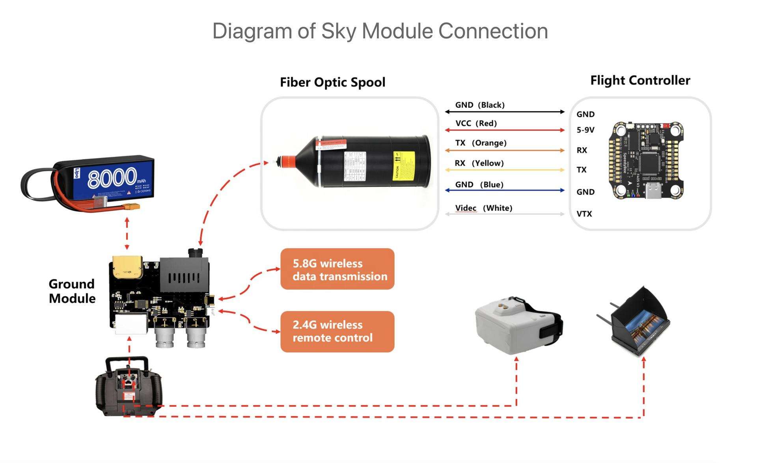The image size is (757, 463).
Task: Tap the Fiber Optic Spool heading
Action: [x=332, y=82]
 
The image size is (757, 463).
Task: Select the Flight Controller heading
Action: [x=640, y=80]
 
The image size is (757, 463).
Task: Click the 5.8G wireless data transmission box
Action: [x=337, y=269]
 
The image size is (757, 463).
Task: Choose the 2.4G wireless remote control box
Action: [x=337, y=331]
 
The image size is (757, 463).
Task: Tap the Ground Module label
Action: [x=72, y=291]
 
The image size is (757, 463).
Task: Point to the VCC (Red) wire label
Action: [x=476, y=123]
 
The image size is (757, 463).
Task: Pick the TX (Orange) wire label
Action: [x=481, y=143]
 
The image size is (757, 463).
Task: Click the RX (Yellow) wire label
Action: [x=479, y=163]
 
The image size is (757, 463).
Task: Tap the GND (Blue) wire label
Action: [x=479, y=185]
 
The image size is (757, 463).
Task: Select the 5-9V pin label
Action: [x=585, y=130]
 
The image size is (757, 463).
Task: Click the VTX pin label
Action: [x=584, y=214]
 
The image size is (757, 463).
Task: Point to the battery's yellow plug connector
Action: [x=131, y=207]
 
